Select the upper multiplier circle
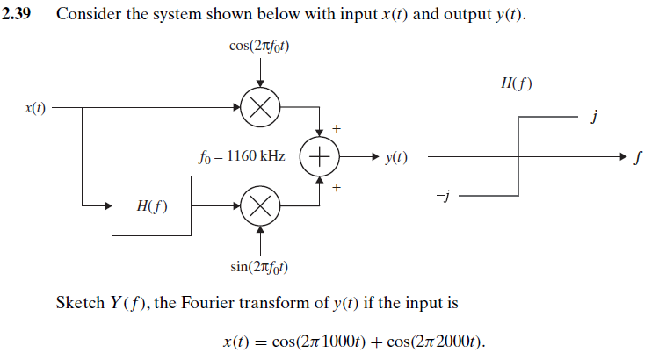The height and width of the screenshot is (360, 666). (x=260, y=108)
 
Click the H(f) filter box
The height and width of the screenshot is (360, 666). (x=152, y=206)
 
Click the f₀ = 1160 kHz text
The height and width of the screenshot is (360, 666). (x=243, y=156)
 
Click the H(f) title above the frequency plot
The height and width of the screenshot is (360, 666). (x=517, y=84)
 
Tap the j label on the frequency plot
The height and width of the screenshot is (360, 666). (x=597, y=118)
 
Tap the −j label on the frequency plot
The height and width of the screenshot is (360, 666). (x=443, y=198)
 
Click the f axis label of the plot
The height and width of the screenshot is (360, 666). (x=638, y=159)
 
